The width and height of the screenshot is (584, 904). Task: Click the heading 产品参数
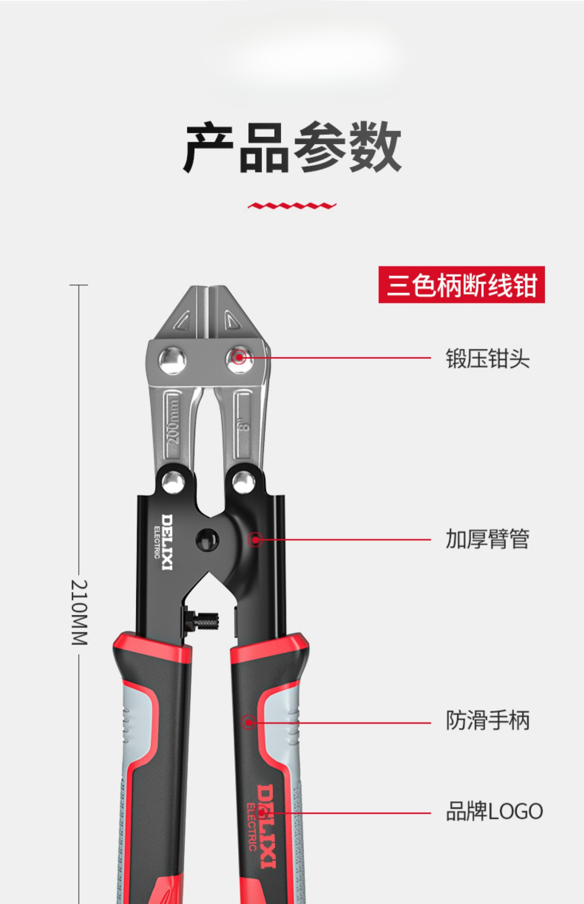(292, 147)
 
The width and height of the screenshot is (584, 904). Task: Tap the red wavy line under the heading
(292, 206)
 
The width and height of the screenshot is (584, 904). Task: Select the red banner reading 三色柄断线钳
(462, 285)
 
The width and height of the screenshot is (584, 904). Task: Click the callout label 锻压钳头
(487, 359)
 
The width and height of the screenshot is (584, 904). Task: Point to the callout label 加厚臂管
(487, 539)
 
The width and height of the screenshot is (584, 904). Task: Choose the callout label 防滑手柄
(487, 720)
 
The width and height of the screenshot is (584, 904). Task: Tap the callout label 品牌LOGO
(494, 811)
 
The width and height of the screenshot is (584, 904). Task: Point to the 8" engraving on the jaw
(243, 426)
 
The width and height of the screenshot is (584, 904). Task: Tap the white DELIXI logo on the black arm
(166, 541)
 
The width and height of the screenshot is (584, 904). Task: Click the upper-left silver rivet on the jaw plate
(172, 360)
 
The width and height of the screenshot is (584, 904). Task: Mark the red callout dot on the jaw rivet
(239, 358)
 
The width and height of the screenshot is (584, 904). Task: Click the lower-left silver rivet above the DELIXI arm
(173, 482)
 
